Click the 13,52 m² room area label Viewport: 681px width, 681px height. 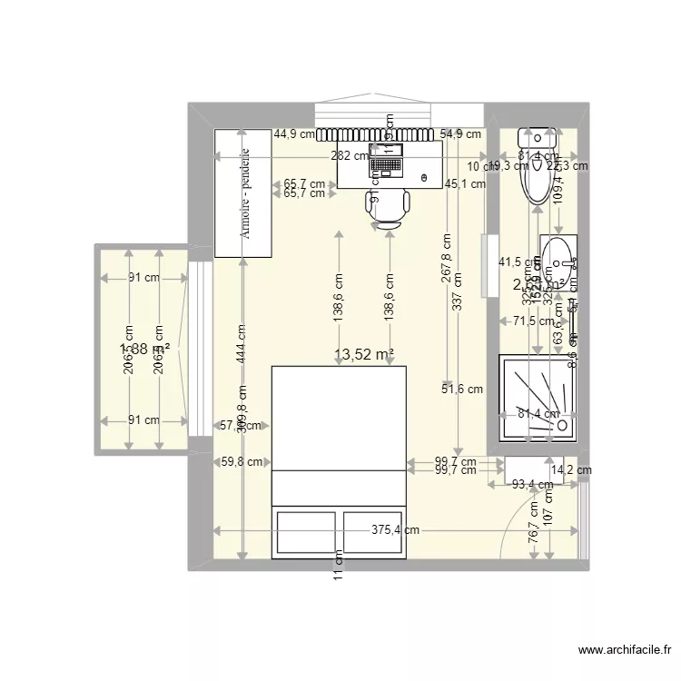[364, 355]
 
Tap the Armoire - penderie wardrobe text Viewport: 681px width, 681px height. [245, 192]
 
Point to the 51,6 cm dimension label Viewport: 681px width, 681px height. [462, 390]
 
